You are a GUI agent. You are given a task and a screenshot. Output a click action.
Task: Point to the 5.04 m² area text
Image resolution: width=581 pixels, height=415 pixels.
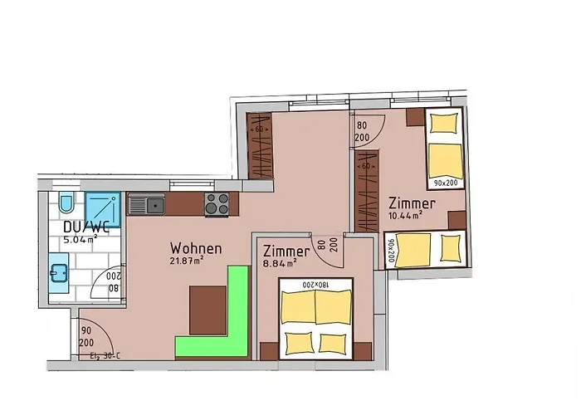pyautogui.click(x=81, y=240)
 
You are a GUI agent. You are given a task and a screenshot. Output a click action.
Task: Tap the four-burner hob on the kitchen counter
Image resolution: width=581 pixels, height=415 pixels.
pyautogui.click(x=217, y=203)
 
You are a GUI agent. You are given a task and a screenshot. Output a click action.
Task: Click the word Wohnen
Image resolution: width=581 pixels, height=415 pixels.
pyautogui.click(x=196, y=248)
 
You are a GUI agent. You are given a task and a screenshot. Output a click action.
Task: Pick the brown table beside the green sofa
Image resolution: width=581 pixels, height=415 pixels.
pyautogui.click(x=207, y=309)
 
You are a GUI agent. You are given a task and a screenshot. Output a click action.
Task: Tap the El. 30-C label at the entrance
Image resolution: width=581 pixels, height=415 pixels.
pyautogui.click(x=105, y=358)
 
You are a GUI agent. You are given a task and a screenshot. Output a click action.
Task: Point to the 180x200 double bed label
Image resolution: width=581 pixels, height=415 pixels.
pyautogui.click(x=315, y=285)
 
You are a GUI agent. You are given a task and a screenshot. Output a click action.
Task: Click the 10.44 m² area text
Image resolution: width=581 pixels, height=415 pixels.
pyautogui.click(x=406, y=216)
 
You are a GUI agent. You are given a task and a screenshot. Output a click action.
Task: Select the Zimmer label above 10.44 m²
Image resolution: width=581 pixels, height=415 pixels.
pyautogui.click(x=412, y=203)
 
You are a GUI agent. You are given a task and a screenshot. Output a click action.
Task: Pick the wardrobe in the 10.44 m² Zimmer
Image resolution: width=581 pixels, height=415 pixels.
pyautogui.click(x=366, y=191)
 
